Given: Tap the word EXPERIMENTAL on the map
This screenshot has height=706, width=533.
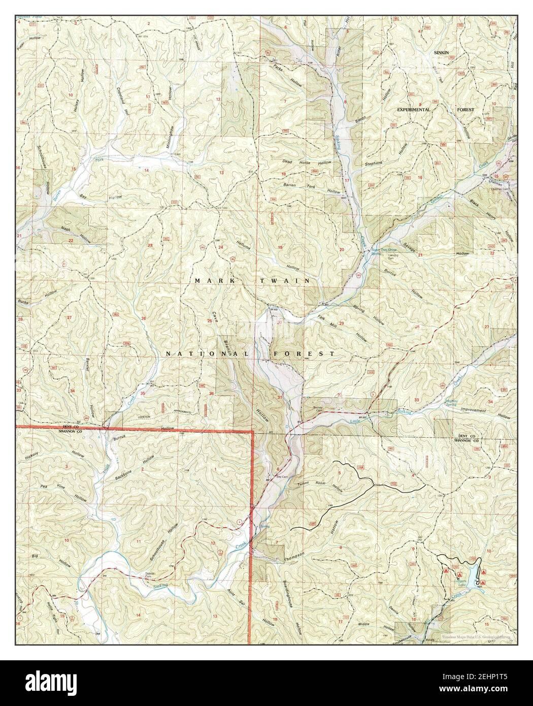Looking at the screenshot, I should tap(414, 109).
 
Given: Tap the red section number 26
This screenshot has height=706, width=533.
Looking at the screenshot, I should tap(143, 318).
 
